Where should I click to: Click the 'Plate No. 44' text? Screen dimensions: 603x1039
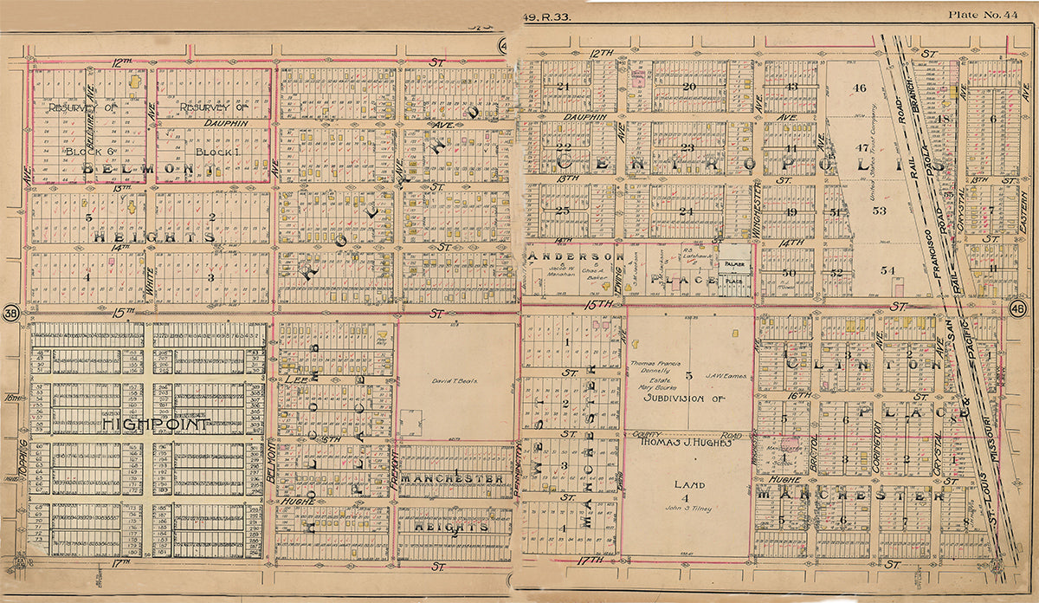(987, 14)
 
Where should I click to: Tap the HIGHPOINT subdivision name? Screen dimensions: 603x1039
(155, 425)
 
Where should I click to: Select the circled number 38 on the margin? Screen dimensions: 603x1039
(11, 313)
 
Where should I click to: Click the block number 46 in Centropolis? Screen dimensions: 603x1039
(859, 88)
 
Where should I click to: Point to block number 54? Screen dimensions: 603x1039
(887, 270)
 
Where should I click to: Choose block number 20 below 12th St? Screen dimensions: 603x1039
(689, 87)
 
